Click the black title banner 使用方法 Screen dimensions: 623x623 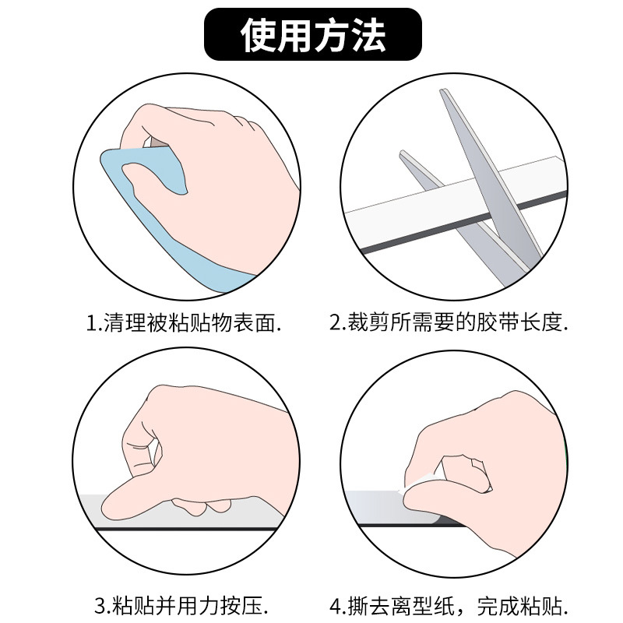pyautogui.click(x=312, y=35)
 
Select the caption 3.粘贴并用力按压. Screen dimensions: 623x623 pyautogui.click(x=182, y=604)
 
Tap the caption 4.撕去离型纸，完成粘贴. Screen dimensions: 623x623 pyautogui.click(x=449, y=604)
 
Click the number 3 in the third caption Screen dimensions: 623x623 pyautogui.click(x=100, y=604)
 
